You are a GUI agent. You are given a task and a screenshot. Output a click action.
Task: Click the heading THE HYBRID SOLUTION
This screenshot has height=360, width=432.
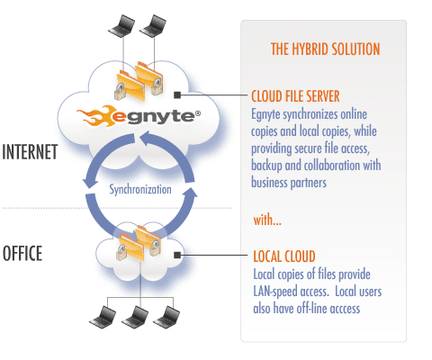coord(325,49)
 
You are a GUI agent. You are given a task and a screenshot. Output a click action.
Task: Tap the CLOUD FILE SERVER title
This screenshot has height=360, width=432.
coord(295,96)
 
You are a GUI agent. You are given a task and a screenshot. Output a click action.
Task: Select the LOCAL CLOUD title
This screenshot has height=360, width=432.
coord(284,256)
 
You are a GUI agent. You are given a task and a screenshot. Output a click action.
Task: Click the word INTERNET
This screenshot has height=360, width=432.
coord(30,152)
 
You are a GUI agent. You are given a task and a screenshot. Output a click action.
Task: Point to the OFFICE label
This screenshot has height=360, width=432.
coord(22,253)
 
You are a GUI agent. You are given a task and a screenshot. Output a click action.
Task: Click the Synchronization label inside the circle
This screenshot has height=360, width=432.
coord(140,190)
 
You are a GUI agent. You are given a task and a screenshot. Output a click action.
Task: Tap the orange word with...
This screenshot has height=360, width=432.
coord(267,220)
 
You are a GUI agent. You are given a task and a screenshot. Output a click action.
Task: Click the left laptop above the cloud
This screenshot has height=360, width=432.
coord(121,26)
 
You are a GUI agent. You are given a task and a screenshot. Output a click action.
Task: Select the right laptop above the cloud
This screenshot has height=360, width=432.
coord(153,26)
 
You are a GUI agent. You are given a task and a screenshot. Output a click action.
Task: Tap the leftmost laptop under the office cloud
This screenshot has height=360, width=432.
coord(103,316)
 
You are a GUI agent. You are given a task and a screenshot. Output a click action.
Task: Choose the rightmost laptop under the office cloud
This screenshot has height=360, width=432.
coord(166,316)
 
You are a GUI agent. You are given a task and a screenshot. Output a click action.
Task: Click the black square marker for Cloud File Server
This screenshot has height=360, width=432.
coord(177,95)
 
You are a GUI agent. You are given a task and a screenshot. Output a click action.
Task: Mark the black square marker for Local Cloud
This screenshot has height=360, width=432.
coord(177,255)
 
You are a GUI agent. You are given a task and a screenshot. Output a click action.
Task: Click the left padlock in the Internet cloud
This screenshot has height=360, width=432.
coord(121,91)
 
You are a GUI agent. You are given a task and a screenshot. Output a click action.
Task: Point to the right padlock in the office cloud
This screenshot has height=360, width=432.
coord(155,247)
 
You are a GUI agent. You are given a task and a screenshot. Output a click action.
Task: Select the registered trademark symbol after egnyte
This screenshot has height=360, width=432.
coord(198,113)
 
